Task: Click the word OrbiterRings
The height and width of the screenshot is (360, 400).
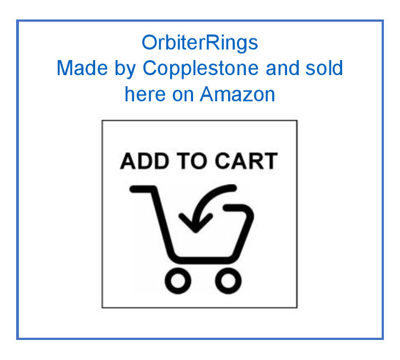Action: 200,43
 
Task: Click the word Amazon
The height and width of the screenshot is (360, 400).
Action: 238,94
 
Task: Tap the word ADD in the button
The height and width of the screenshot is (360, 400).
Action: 143,161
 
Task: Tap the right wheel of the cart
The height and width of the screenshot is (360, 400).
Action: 228,281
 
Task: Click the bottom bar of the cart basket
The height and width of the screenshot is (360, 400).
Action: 203,259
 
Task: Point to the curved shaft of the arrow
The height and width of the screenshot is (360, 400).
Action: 214,196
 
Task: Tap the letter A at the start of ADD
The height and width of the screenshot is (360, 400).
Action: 129,161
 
